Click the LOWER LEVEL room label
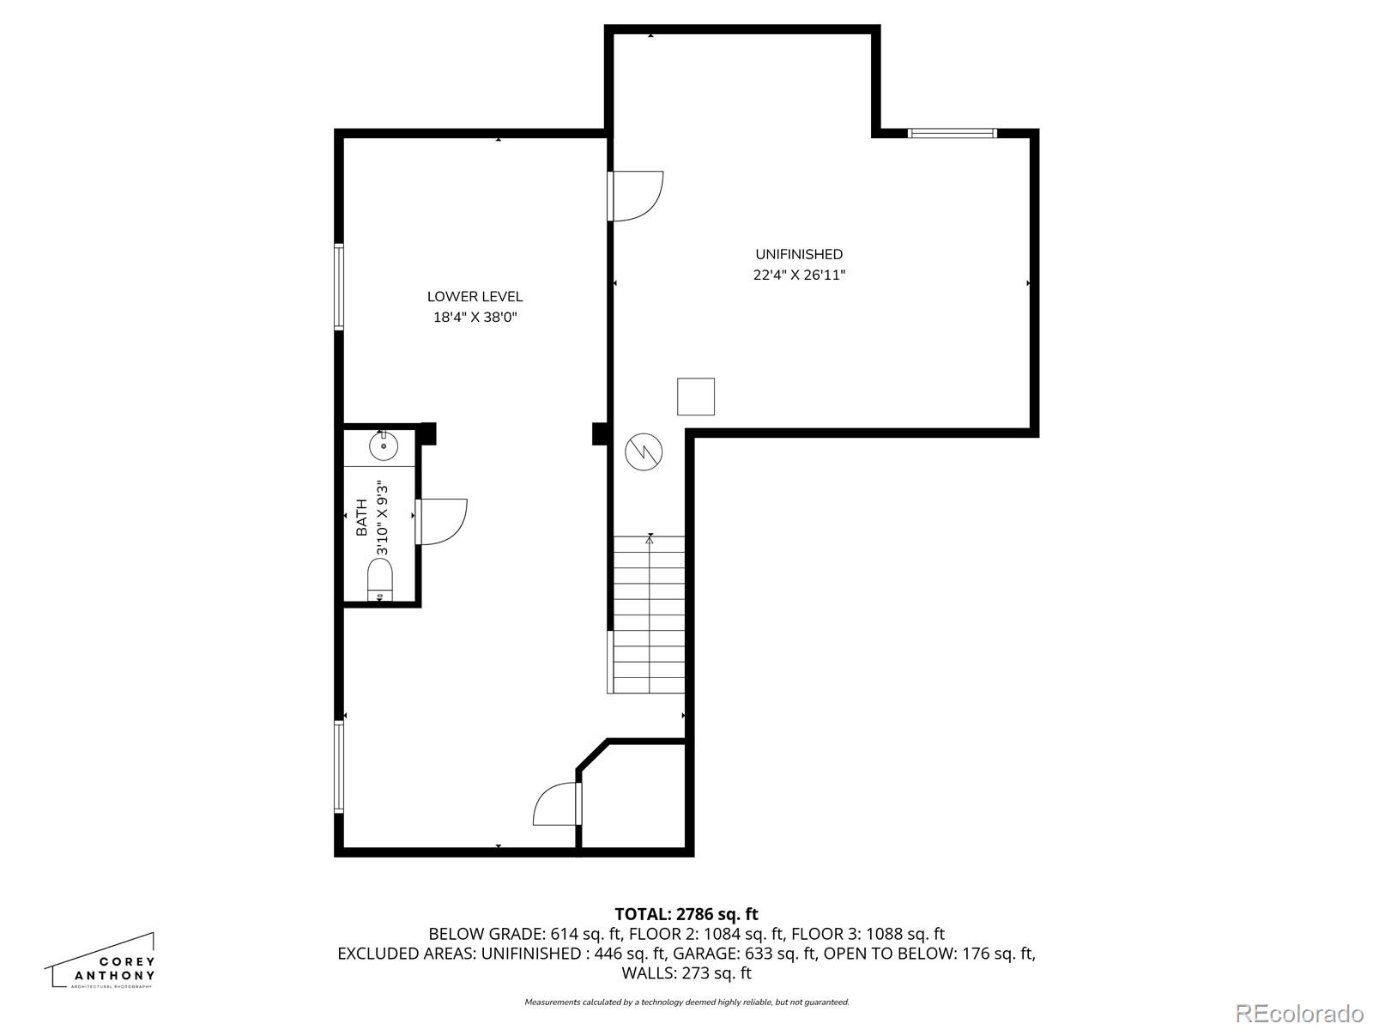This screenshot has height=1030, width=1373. (475, 297)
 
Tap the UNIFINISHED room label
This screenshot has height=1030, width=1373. (799, 254)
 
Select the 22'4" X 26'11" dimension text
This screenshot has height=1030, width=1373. (799, 276)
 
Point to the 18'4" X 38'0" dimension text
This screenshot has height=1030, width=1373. (475, 318)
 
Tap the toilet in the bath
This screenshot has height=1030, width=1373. (379, 579)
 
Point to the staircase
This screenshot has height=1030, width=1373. (650, 614)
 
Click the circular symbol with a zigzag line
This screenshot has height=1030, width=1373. (644, 451)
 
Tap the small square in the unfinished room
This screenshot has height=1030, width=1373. (696, 397)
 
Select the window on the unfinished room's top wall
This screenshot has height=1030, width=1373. (952, 133)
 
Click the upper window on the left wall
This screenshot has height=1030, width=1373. (339, 287)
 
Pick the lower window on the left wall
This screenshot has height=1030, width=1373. (339, 766)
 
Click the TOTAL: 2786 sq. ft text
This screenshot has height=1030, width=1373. (686, 914)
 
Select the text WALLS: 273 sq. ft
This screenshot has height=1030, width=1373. (686, 973)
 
